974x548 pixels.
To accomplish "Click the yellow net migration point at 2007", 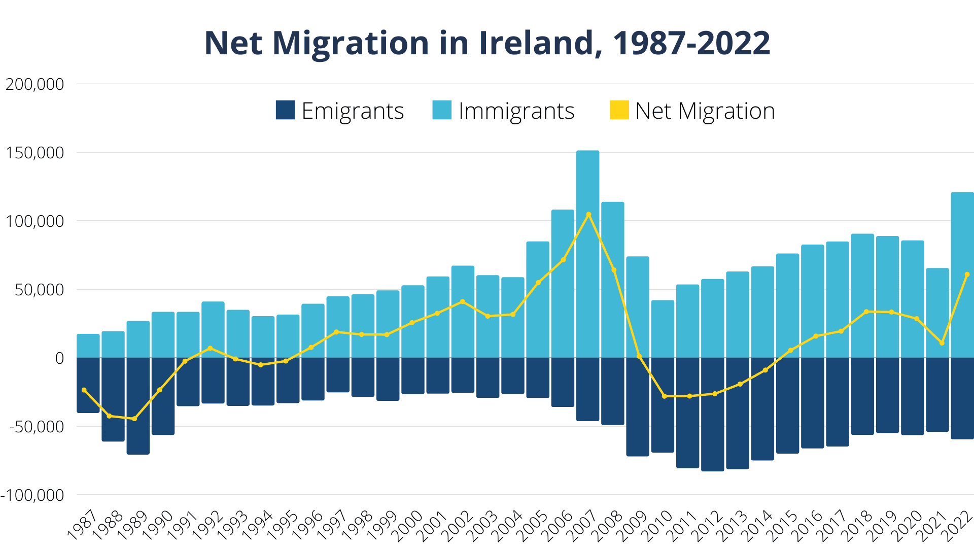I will pos(588,215).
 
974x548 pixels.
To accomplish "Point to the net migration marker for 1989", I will pos(134,419).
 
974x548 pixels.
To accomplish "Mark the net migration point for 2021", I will pos(942,343).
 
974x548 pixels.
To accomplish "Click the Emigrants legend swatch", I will pos(285,110).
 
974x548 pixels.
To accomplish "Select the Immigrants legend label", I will pos(516,111).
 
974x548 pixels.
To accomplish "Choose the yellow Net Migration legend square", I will pos(619,110).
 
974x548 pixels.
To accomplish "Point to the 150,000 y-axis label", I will pos(34,153).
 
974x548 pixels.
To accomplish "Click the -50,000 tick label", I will pos(37,427).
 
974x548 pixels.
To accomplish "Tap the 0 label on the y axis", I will pos(59,358).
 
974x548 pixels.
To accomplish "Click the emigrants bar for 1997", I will pos(338,374).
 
